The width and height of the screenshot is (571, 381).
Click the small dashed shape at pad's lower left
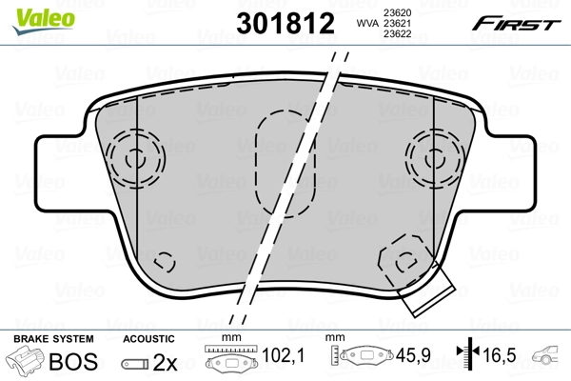pos(165,260)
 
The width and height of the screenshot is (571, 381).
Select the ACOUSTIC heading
pos(149,338)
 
